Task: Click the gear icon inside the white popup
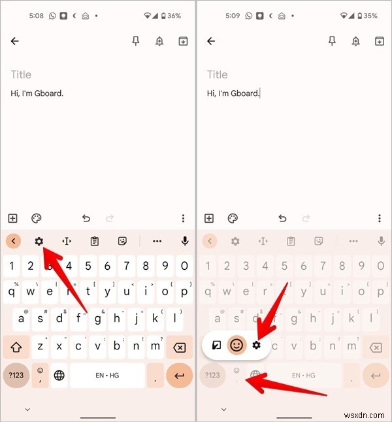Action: click(256, 344)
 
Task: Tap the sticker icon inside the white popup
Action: click(216, 344)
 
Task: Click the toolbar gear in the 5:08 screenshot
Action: click(39, 241)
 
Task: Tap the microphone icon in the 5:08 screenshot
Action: click(185, 241)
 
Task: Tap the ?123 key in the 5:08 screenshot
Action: click(16, 376)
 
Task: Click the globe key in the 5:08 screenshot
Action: click(59, 376)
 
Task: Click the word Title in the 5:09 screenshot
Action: click(217, 74)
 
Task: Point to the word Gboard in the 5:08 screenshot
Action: click(49, 93)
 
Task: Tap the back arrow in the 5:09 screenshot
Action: click(210, 41)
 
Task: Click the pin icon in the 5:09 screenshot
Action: click(332, 41)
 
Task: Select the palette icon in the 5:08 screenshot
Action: click(37, 218)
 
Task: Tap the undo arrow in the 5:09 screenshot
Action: click(282, 218)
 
